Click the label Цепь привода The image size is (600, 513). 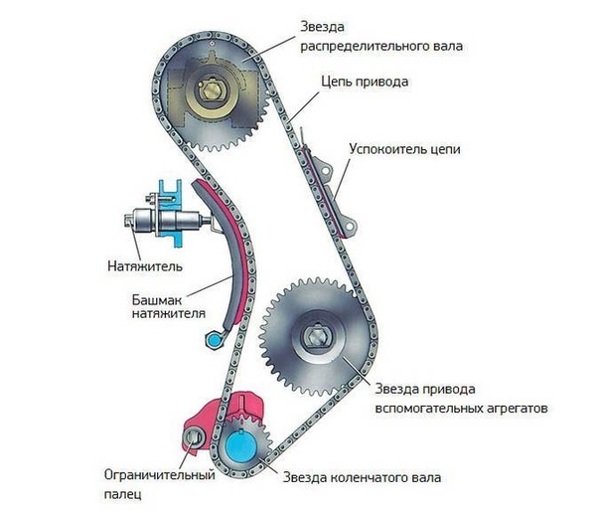(x=365, y=82)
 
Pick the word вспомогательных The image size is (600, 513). (x=426, y=409)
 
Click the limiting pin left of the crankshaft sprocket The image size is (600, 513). (x=195, y=439)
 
